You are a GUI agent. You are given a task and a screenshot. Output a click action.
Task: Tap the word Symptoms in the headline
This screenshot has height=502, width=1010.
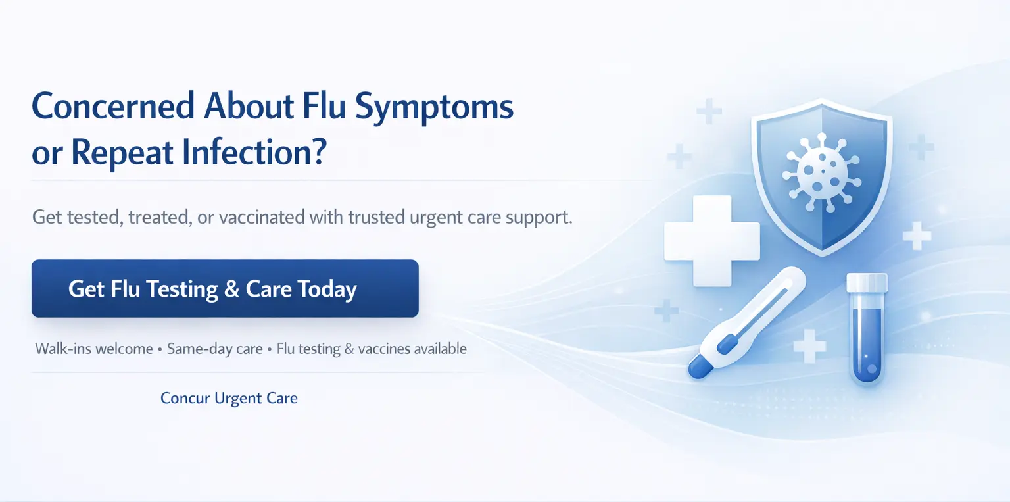click(x=434, y=109)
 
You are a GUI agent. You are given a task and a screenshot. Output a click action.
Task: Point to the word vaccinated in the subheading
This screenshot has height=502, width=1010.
click(x=262, y=217)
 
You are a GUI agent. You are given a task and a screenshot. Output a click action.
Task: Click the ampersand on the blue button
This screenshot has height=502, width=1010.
click(x=231, y=289)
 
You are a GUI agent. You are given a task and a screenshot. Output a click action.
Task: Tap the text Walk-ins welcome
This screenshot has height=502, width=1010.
click(x=94, y=349)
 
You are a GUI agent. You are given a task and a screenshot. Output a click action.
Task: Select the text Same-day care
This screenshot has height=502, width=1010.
click(x=214, y=349)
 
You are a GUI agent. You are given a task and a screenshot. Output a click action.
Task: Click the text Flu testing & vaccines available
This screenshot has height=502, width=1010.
click(x=372, y=349)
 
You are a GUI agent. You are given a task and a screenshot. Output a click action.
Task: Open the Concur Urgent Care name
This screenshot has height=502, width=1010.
click(x=229, y=398)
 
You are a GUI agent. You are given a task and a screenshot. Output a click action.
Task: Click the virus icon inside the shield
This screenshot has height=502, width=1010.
click(x=821, y=172)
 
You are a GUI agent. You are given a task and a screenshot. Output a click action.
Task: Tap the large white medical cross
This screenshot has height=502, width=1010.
click(x=712, y=240)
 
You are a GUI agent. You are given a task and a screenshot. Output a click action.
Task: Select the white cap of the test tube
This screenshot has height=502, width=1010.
click(x=867, y=283)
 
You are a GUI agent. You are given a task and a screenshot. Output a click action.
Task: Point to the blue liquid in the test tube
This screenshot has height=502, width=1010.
click(x=867, y=343)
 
